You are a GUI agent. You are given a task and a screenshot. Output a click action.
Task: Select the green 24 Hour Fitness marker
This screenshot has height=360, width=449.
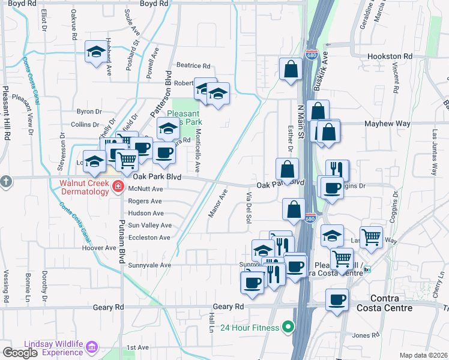pyautogui.click(x=288, y=328)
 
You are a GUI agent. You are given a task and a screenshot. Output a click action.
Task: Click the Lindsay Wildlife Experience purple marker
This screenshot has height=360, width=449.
pyautogui.click(x=91, y=347)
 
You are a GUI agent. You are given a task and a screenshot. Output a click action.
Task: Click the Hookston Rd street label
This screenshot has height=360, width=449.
pyautogui.click(x=390, y=56)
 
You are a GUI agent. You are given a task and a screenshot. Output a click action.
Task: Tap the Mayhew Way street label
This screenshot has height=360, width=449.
pyautogui.click(x=388, y=124)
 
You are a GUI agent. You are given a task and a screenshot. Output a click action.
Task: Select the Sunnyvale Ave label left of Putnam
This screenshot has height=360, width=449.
pyautogui.click(x=149, y=265)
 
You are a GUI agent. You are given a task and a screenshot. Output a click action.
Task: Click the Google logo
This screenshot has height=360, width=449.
pyautogui.click(x=20, y=353)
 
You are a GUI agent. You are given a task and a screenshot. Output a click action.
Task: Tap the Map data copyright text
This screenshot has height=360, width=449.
pyautogui.click(x=423, y=355)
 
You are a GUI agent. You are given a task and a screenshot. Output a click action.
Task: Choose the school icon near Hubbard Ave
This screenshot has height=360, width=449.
pyautogui.click(x=95, y=52)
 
